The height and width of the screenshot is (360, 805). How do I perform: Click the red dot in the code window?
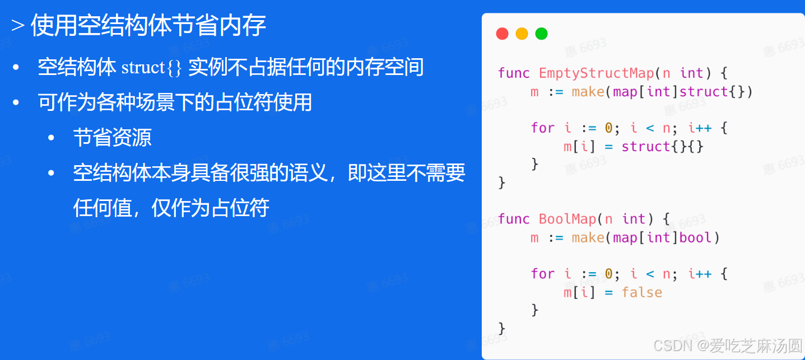(x=502, y=34)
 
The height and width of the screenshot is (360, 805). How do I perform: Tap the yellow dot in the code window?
(x=522, y=34)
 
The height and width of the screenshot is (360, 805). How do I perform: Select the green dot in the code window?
(x=541, y=34)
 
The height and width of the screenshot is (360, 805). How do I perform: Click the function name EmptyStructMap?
(x=596, y=73)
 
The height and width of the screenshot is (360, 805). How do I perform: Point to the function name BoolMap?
(x=567, y=219)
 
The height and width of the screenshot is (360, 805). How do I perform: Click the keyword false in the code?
(x=641, y=292)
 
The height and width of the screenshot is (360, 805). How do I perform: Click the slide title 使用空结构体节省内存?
(x=148, y=26)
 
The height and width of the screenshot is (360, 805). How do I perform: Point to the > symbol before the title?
(x=17, y=26)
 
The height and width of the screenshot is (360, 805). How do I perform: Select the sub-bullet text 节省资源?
(x=112, y=138)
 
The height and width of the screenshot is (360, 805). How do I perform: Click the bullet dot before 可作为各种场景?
(x=16, y=103)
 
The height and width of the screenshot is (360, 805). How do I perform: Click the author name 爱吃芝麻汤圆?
(x=756, y=345)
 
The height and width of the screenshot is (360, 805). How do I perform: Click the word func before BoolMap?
(x=513, y=219)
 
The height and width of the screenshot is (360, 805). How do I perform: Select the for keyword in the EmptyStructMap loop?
(x=542, y=128)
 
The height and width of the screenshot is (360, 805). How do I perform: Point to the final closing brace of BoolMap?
(x=501, y=328)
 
